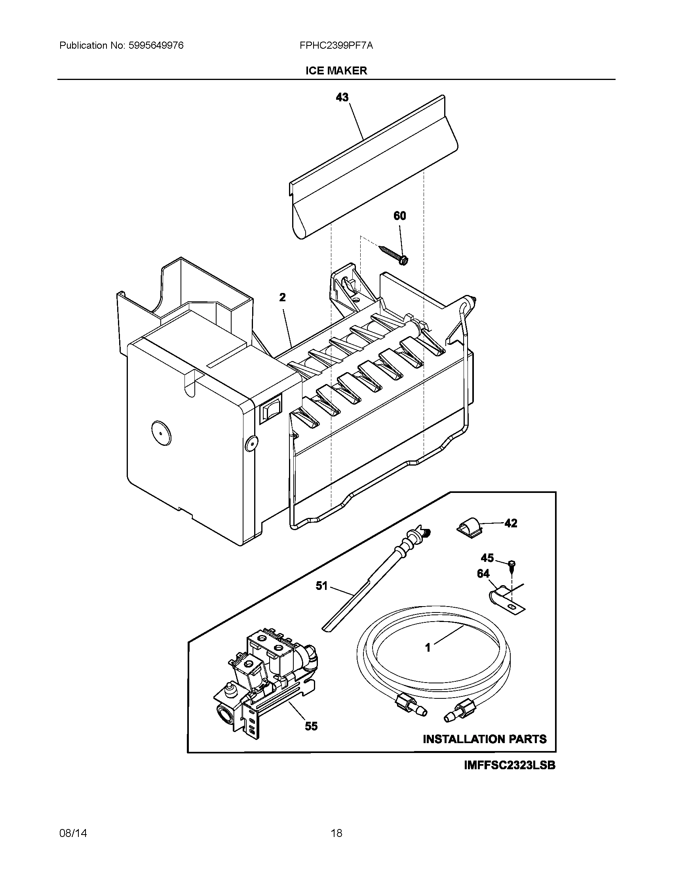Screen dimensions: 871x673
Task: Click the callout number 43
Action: click(342, 97)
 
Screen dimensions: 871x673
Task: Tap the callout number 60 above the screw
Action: click(399, 216)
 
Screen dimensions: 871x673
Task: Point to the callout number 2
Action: click(282, 297)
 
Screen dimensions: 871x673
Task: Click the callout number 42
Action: click(511, 523)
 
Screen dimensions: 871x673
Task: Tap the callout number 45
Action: click(487, 557)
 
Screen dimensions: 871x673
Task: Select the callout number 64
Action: click(483, 574)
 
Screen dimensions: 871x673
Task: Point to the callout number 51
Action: click(321, 586)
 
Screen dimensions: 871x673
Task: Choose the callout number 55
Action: click(311, 726)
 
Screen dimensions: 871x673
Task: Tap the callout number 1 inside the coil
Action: click(428, 648)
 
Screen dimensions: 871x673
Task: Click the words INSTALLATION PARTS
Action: click(485, 739)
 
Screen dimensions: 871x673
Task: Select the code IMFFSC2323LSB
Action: click(510, 765)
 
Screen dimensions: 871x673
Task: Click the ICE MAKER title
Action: click(336, 70)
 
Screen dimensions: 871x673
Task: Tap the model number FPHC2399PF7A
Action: click(336, 46)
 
